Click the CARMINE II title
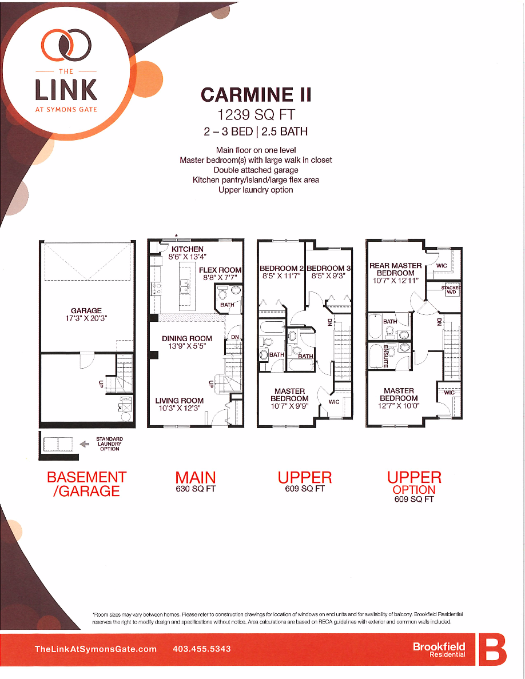click(255, 94)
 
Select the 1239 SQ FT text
click(255, 114)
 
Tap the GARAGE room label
click(86, 311)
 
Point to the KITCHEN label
click(187, 249)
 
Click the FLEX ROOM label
click(220, 270)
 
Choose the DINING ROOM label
click(187, 339)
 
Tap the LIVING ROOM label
click(179, 401)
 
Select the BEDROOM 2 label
click(281, 268)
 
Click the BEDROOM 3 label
click(329, 268)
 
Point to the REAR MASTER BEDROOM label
click(396, 269)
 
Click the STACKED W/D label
click(451, 290)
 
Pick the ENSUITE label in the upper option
click(385, 356)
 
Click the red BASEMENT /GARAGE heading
click(86, 484)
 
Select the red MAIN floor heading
click(196, 477)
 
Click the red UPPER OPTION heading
click(414, 483)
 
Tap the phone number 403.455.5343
click(201, 649)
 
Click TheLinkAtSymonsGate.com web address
click(96, 649)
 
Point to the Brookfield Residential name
click(439, 650)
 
